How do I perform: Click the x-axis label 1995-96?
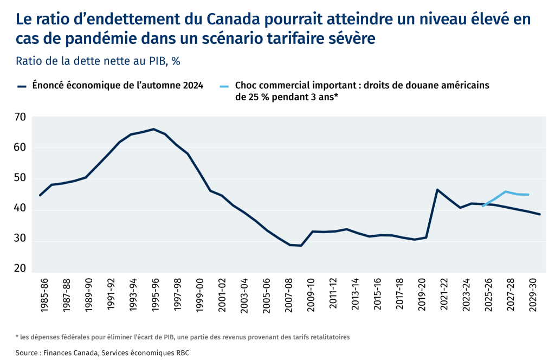tap(156, 295)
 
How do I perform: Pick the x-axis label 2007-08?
tap(288, 295)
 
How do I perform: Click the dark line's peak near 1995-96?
tap(153, 129)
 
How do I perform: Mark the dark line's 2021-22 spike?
tap(437, 190)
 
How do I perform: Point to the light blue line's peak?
tap(505, 191)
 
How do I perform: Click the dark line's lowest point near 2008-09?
tap(301, 246)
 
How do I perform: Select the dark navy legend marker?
tap(22, 86)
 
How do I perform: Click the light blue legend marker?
tap(224, 86)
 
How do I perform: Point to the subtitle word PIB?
tap(153, 61)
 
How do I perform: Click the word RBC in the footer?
tap(181, 353)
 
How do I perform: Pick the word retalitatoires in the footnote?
tap(327, 337)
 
